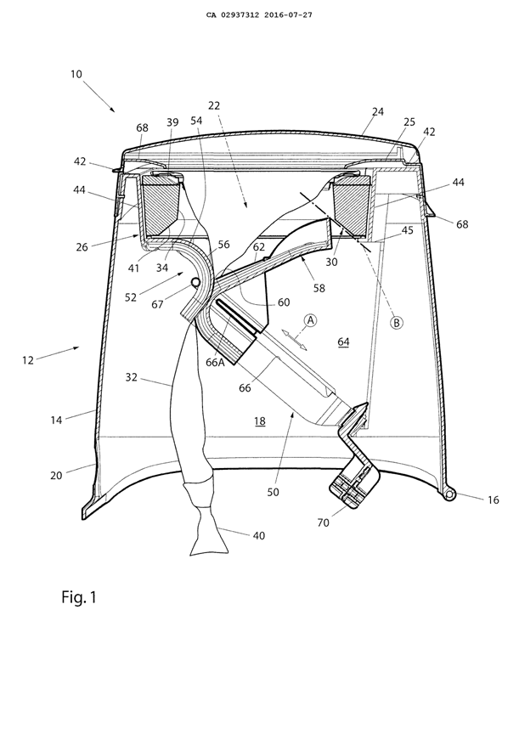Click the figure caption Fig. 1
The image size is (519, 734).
coord(79,597)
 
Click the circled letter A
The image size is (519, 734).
coord(311,320)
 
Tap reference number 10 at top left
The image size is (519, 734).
coord(77,75)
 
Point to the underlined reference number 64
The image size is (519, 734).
coord(343,342)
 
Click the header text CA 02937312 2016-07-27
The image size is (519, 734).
coord(259,14)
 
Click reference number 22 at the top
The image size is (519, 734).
coord(214,105)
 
